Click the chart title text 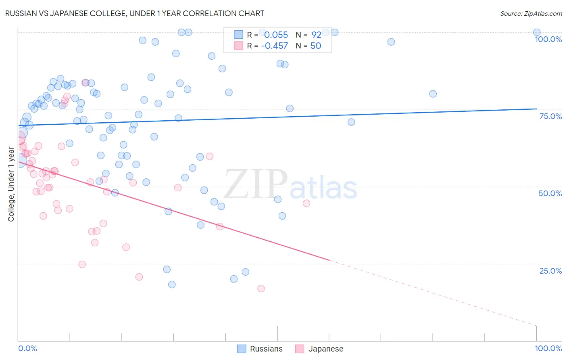(135, 13)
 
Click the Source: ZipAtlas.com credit (531, 14)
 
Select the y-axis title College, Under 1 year (11, 184)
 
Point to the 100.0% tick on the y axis (548, 39)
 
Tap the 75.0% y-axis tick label (550, 116)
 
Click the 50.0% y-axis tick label (550, 193)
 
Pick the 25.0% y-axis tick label (550, 271)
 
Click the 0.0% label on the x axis (27, 348)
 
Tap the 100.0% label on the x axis (548, 348)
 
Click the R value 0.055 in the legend (276, 35)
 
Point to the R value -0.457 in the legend (274, 46)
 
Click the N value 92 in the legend (316, 35)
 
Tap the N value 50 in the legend (315, 46)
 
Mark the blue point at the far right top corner (536, 33)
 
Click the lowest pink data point (261, 289)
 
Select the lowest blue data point (172, 285)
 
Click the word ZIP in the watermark (255, 185)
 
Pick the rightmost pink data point (306, 203)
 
